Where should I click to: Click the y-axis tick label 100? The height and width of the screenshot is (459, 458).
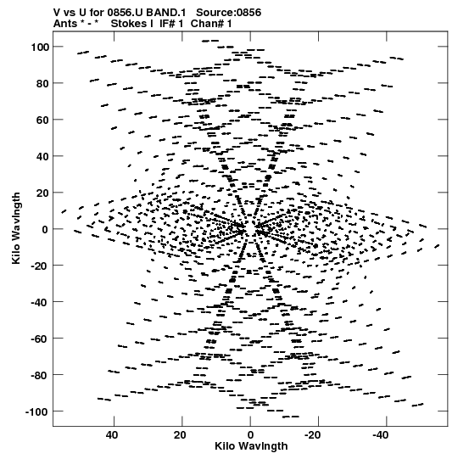coord(41,47)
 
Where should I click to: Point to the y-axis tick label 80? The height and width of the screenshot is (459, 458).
coord(43,83)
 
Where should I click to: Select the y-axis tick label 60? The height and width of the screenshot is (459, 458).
coord(43,120)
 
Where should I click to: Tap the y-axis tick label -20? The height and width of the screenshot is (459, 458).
coord(41,266)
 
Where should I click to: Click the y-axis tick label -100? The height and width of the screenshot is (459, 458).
coord(37,411)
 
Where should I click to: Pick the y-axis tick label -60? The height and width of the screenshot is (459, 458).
coord(41,339)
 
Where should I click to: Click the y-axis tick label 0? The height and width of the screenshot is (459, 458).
coord(45,229)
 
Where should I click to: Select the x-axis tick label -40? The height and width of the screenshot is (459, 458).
coord(380,435)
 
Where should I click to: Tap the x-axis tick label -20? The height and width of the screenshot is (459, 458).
coord(312,435)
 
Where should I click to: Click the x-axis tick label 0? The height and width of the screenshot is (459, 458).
coord(250,435)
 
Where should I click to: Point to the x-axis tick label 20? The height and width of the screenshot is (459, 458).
coord(181,435)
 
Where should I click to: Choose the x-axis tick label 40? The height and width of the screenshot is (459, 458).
coord(112,435)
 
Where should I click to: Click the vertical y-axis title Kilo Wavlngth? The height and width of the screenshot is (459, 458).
coord(16,228)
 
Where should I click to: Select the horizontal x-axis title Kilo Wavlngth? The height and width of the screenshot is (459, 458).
coord(251,446)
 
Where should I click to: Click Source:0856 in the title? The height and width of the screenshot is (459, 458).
coord(228,13)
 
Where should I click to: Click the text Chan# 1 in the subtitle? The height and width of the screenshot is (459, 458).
coord(211,24)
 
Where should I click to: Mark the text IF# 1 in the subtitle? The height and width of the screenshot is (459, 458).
coord(171,24)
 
